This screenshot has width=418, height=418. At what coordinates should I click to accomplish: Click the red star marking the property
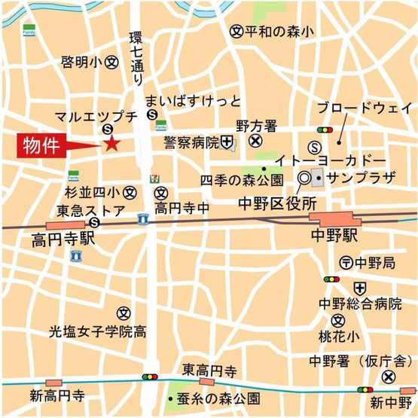[x=111, y=143]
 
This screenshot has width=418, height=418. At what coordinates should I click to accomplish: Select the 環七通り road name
[x=136, y=57]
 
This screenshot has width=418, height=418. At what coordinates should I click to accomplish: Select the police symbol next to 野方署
[x=255, y=140]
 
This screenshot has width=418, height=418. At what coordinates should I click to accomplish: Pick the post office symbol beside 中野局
[x=346, y=263]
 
